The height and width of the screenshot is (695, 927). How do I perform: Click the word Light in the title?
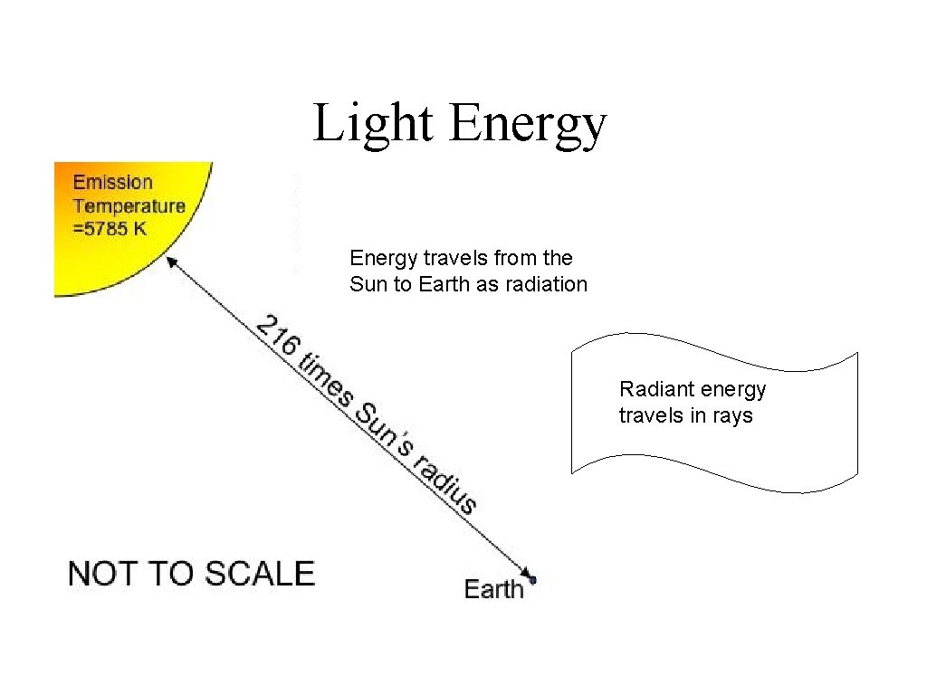coord(372,124)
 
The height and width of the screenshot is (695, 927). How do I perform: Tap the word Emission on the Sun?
coord(113,183)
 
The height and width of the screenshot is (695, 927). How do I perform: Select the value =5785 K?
coord(110,228)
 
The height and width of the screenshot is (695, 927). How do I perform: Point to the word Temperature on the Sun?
coord(129,205)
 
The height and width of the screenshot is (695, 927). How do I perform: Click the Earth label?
coord(494,589)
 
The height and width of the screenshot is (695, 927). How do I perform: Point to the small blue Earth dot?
coord(533,579)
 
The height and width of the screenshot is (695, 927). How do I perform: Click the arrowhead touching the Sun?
coord(173,262)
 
